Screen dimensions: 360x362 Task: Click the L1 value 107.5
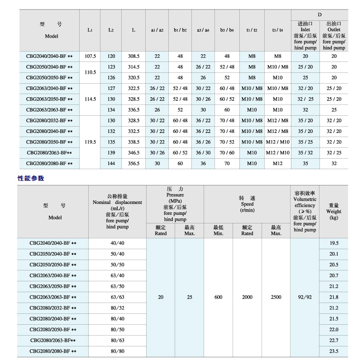tap(90, 56)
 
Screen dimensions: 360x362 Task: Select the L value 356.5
tap(134, 163)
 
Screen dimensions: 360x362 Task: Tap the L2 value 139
tap(111, 153)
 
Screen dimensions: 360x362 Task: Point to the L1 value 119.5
tap(90, 142)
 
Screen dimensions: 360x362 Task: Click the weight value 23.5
tap(334, 351)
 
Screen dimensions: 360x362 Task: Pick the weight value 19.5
tap(334, 243)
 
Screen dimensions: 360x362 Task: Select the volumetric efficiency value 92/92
tap(305, 297)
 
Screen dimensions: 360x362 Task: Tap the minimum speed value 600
tap(219, 297)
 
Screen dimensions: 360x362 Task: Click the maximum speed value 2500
tap(276, 297)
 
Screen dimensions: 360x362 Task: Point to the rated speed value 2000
tap(247, 297)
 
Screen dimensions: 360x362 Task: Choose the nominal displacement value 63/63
tap(117, 297)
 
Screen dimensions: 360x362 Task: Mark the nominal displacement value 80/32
tap(117, 308)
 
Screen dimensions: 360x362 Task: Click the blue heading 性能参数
tap(31, 178)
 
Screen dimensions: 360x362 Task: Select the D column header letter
tap(319, 14)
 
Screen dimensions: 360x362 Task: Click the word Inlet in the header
tap(305, 30)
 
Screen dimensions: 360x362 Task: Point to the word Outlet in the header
tap(334, 30)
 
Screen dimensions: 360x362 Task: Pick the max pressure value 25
tap(190, 297)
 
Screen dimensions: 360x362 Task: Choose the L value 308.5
tap(134, 56)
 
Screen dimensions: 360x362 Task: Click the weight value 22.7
tap(334, 340)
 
